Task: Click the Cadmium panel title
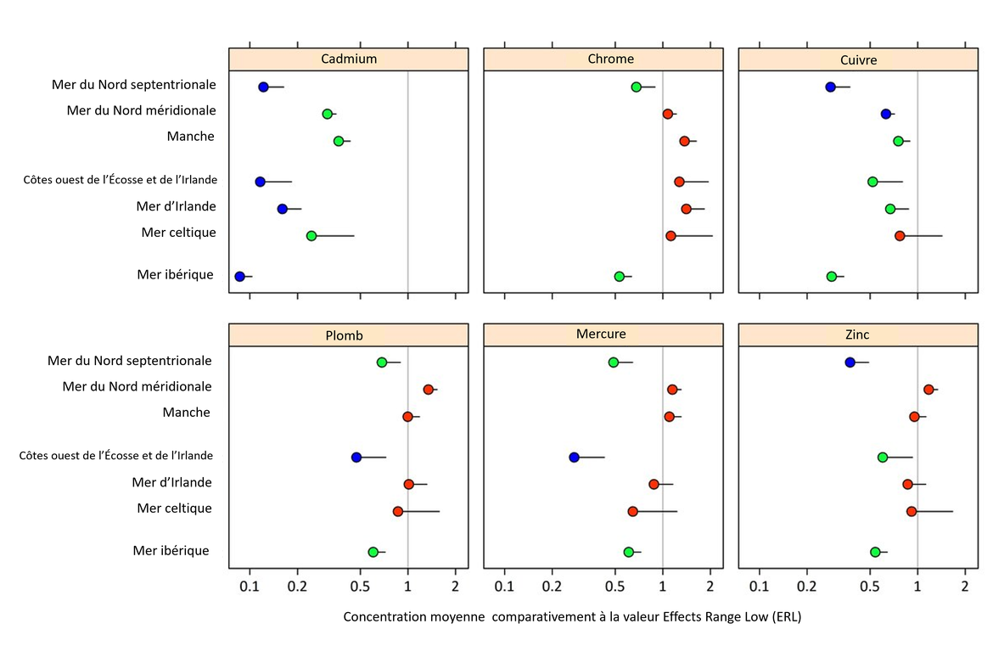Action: [x=349, y=59]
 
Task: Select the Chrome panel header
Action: [x=610, y=59]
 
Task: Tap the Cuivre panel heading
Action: [x=858, y=59]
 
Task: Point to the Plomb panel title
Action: [x=344, y=335]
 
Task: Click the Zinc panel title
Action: [x=858, y=335]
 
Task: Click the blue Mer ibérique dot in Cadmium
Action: [x=239, y=277]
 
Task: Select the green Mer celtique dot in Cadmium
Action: [x=311, y=236]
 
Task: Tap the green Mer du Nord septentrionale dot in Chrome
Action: [x=636, y=87]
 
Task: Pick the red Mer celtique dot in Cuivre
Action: [x=900, y=236]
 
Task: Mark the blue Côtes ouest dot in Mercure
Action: [x=574, y=457]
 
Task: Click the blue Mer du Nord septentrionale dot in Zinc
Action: [x=850, y=363]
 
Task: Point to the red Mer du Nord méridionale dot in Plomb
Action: [x=429, y=390]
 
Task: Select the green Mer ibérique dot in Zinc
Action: [x=875, y=552]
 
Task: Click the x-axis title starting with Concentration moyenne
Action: [x=572, y=617]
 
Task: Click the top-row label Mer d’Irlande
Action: [x=176, y=206]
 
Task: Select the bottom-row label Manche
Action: [x=186, y=413]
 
